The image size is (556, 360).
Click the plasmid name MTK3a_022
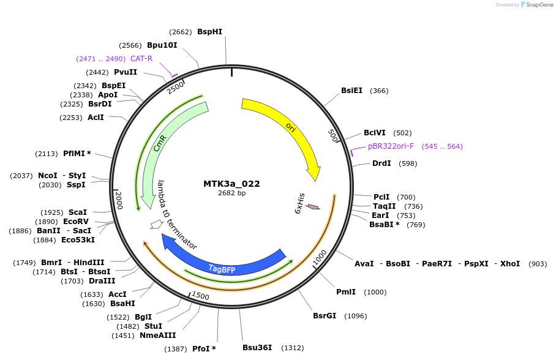[231, 184]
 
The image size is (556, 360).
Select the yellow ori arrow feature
[288, 126]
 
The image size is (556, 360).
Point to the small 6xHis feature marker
[313, 207]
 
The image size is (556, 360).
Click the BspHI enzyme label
[209, 32]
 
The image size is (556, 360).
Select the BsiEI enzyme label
[351, 91]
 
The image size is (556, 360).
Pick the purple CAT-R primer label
[141, 59]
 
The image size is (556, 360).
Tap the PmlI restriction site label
[346, 292]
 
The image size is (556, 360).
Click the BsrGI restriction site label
[325, 316]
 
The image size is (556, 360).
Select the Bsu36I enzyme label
[257, 348]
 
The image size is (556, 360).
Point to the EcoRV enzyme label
[76, 222]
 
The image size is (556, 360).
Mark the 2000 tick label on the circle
[119, 200]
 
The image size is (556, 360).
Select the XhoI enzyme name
[510, 264]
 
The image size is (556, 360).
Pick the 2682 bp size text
[231, 193]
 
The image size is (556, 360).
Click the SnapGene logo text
[539, 5]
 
